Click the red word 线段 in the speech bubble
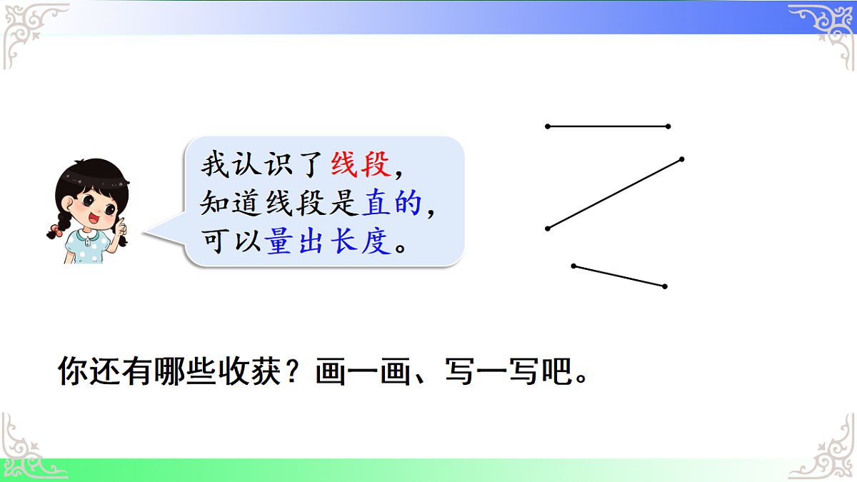tap(361, 166)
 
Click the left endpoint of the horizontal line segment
tap(548, 126)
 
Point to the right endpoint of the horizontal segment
tap(668, 126)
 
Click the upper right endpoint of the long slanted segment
tap(682, 159)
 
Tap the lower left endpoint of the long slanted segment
tap(548, 229)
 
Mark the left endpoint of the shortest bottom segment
tap(573, 266)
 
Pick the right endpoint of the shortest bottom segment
tap(665, 286)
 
